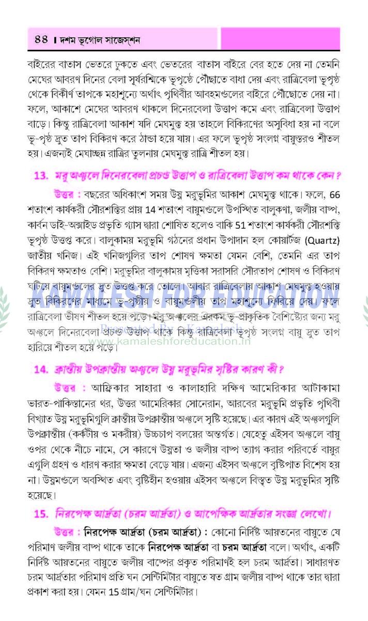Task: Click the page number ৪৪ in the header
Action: pyautogui.click(x=41, y=39)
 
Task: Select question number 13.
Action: pyautogui.click(x=41, y=175)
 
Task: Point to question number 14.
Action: pyautogui.click(x=41, y=369)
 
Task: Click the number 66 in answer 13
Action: pyautogui.click(x=334, y=195)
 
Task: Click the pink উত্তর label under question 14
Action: pyautogui.click(x=69, y=388)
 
